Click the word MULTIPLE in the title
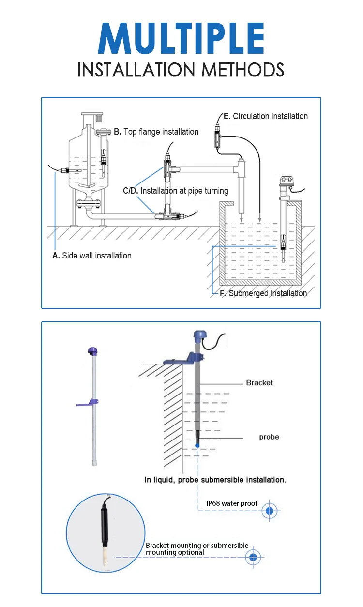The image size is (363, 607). click(x=181, y=39)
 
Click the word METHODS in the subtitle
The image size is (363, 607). click(x=243, y=70)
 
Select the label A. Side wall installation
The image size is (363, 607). click(x=92, y=256)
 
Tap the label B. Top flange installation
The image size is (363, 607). click(x=156, y=132)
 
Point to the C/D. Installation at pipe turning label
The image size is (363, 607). click(x=175, y=191)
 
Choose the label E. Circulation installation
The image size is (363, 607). click(x=265, y=116)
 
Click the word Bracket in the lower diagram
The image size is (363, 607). click(x=259, y=383)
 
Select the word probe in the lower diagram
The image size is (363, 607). click(x=269, y=437)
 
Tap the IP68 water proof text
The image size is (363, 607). click(x=232, y=503)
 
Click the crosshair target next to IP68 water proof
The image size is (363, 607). click(x=270, y=511)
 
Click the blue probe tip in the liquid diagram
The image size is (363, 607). click(x=197, y=445)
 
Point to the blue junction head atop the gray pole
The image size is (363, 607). click(x=199, y=336)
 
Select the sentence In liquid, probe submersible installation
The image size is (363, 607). click(x=215, y=480)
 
